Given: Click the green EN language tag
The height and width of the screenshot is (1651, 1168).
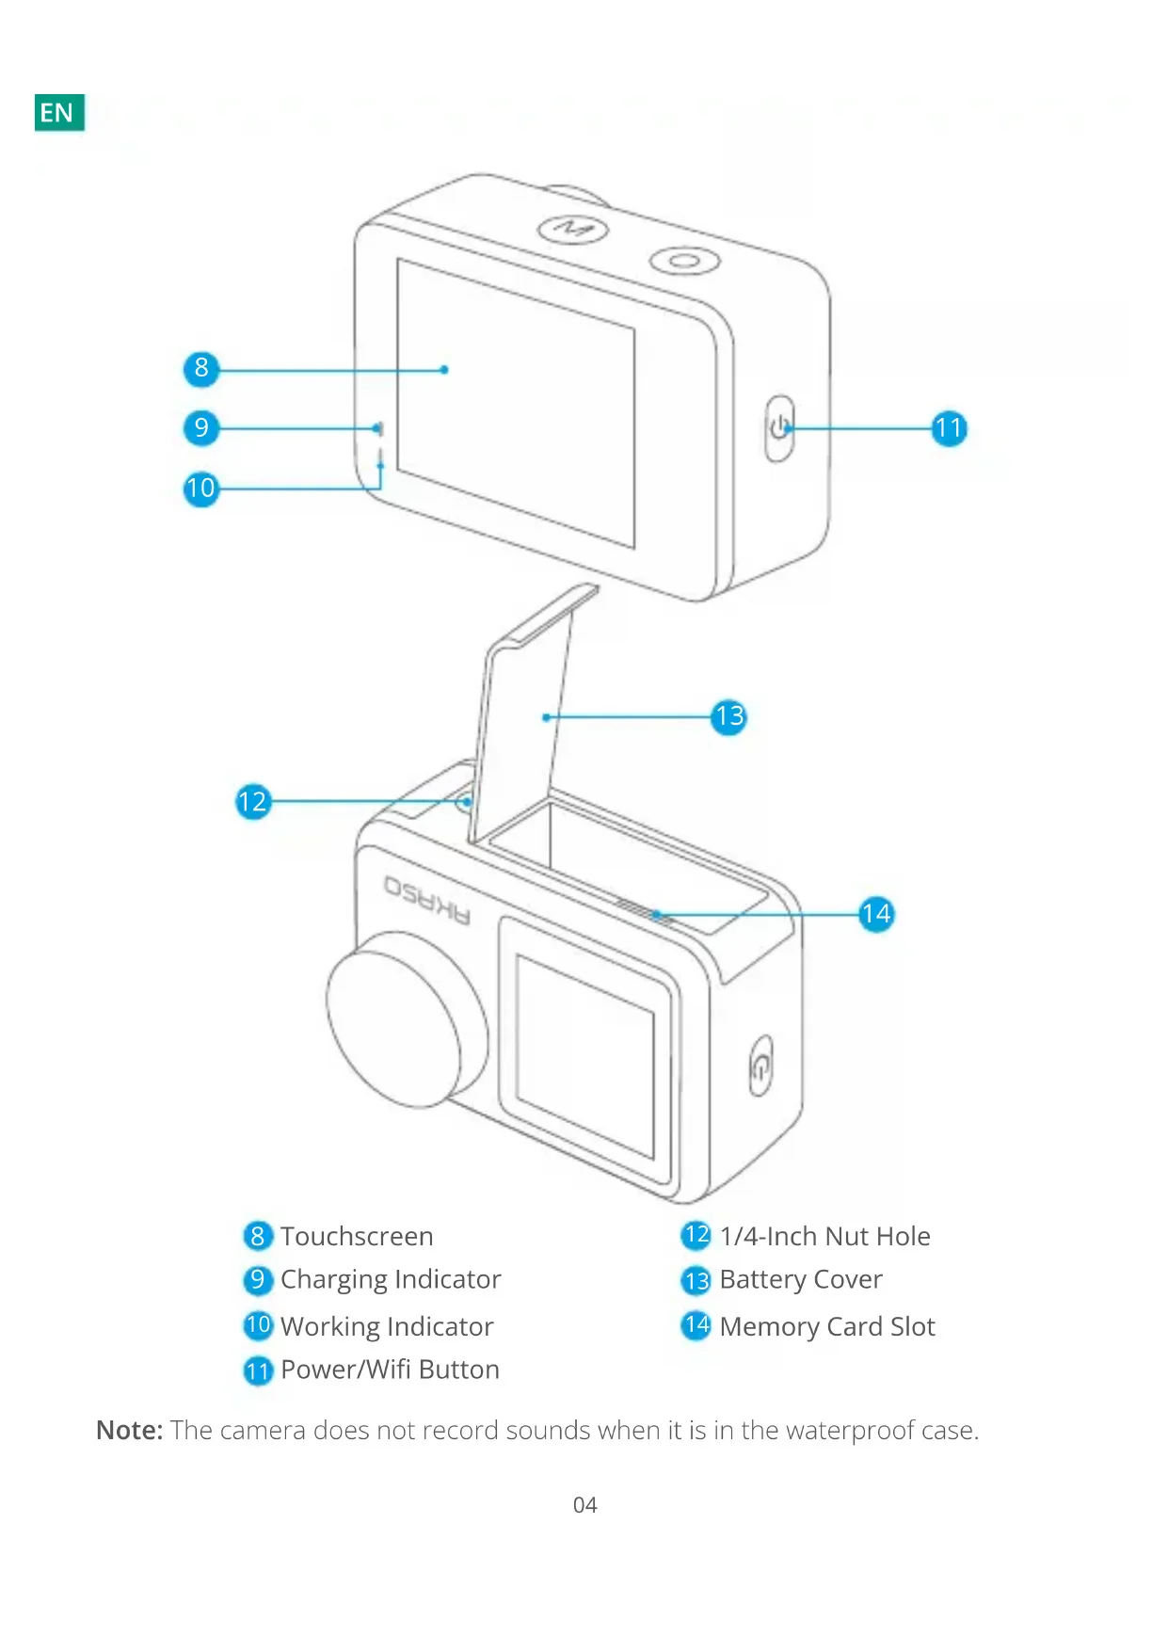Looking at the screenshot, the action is [x=59, y=113].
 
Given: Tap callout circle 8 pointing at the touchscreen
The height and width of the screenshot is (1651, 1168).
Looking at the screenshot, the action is [x=200, y=369].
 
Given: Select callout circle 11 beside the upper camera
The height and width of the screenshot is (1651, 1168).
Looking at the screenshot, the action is [x=950, y=429].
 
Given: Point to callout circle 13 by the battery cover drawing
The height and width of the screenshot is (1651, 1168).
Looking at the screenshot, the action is [x=728, y=717].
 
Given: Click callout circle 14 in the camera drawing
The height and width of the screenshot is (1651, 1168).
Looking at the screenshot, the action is [x=876, y=914].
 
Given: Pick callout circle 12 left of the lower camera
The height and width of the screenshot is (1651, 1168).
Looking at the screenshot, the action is [x=252, y=802].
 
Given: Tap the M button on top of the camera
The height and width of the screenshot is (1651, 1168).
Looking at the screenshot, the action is [x=572, y=229].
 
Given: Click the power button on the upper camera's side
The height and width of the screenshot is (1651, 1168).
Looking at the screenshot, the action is [x=779, y=429].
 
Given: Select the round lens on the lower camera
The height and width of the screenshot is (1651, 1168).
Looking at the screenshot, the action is [x=407, y=1018].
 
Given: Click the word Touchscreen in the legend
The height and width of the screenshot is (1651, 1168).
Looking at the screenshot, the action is [x=357, y=1237].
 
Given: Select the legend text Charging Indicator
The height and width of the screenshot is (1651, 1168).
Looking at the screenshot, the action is [x=391, y=1280].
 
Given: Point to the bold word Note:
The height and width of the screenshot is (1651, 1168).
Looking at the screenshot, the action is [x=130, y=1431].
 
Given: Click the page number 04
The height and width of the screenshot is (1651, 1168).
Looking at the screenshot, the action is [x=584, y=1505].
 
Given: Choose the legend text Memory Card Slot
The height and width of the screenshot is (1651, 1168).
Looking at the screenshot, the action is [x=827, y=1327].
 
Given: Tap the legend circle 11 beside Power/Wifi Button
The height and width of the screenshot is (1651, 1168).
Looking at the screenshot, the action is [x=257, y=1370].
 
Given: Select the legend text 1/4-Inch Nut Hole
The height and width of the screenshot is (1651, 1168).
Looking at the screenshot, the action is [x=825, y=1237].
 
